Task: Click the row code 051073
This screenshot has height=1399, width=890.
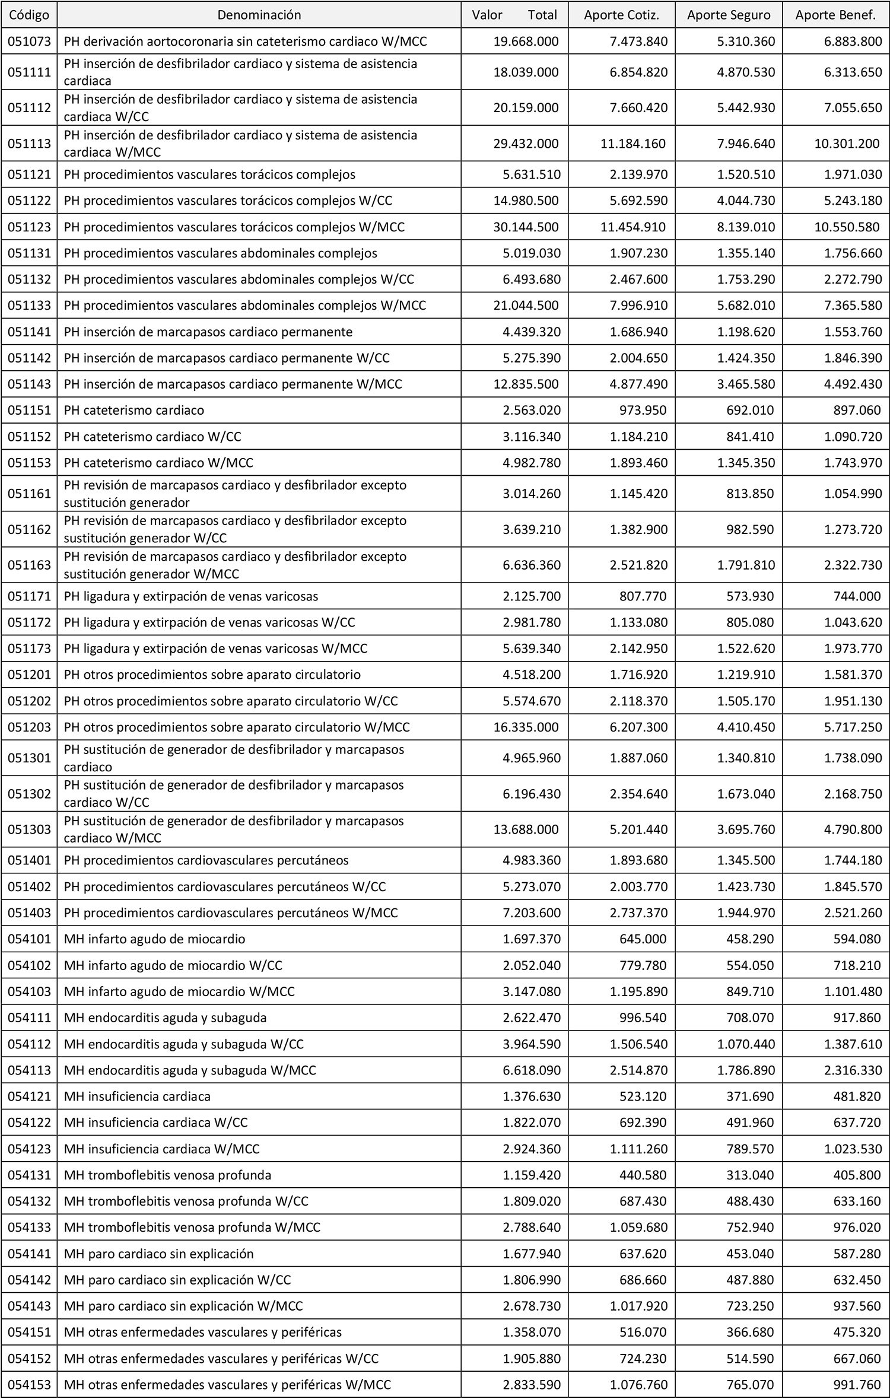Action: pyautogui.click(x=28, y=42)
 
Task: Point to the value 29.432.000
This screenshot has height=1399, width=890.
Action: pyautogui.click(x=526, y=144)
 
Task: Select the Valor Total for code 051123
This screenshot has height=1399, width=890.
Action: pyautogui.click(x=526, y=227)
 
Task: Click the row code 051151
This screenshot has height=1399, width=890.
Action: pyautogui.click(x=28, y=411)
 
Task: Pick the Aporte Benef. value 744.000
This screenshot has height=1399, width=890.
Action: pyautogui.click(x=856, y=596)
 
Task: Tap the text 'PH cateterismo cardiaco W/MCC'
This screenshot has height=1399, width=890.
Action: pyautogui.click(x=158, y=463)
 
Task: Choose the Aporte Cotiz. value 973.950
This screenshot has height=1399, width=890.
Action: pyautogui.click(x=642, y=411)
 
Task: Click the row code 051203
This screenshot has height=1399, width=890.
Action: pyautogui.click(x=28, y=727)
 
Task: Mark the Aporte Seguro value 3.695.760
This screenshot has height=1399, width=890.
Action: pyautogui.click(x=746, y=829)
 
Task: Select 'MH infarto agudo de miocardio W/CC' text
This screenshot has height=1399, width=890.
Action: pyautogui.click(x=173, y=965)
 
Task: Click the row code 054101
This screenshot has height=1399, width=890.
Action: pyautogui.click(x=28, y=939)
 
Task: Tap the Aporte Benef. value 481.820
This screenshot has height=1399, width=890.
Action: pyautogui.click(x=857, y=1096)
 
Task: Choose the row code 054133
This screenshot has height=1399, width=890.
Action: pyautogui.click(x=28, y=1228)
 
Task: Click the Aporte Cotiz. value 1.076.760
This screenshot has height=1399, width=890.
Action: pyautogui.click(x=638, y=1385)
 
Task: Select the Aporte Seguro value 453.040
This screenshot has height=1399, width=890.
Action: pyautogui.click(x=750, y=1254)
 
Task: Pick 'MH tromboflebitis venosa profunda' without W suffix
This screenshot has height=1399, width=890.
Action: pyautogui.click(x=168, y=1175)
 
